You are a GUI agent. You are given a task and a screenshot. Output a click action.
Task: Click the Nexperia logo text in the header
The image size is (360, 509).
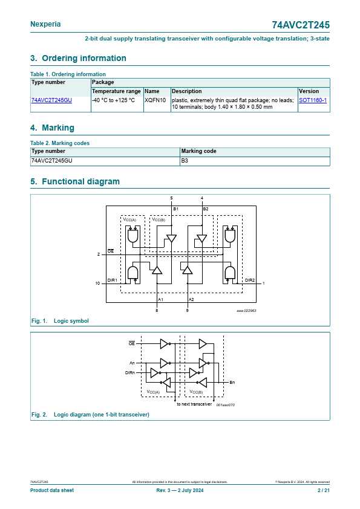[45, 24]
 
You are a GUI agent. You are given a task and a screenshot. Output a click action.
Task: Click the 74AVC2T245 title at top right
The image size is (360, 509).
[301, 25]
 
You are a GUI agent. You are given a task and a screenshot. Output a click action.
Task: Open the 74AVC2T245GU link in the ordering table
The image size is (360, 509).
[51, 100]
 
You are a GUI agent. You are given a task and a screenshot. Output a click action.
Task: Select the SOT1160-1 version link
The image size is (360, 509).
[313, 100]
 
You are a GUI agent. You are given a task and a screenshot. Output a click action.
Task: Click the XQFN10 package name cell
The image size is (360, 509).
[155, 100]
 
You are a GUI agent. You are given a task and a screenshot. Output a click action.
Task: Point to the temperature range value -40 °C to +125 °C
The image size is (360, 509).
[113, 100]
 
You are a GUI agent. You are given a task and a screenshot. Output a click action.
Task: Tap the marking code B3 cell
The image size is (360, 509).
[185, 160]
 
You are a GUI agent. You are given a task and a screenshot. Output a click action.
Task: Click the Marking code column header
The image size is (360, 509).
[198, 151]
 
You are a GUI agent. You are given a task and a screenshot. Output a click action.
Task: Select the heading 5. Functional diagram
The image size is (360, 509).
[75, 181]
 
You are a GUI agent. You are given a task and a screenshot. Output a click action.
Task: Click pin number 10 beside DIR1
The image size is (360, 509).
[97, 284]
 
